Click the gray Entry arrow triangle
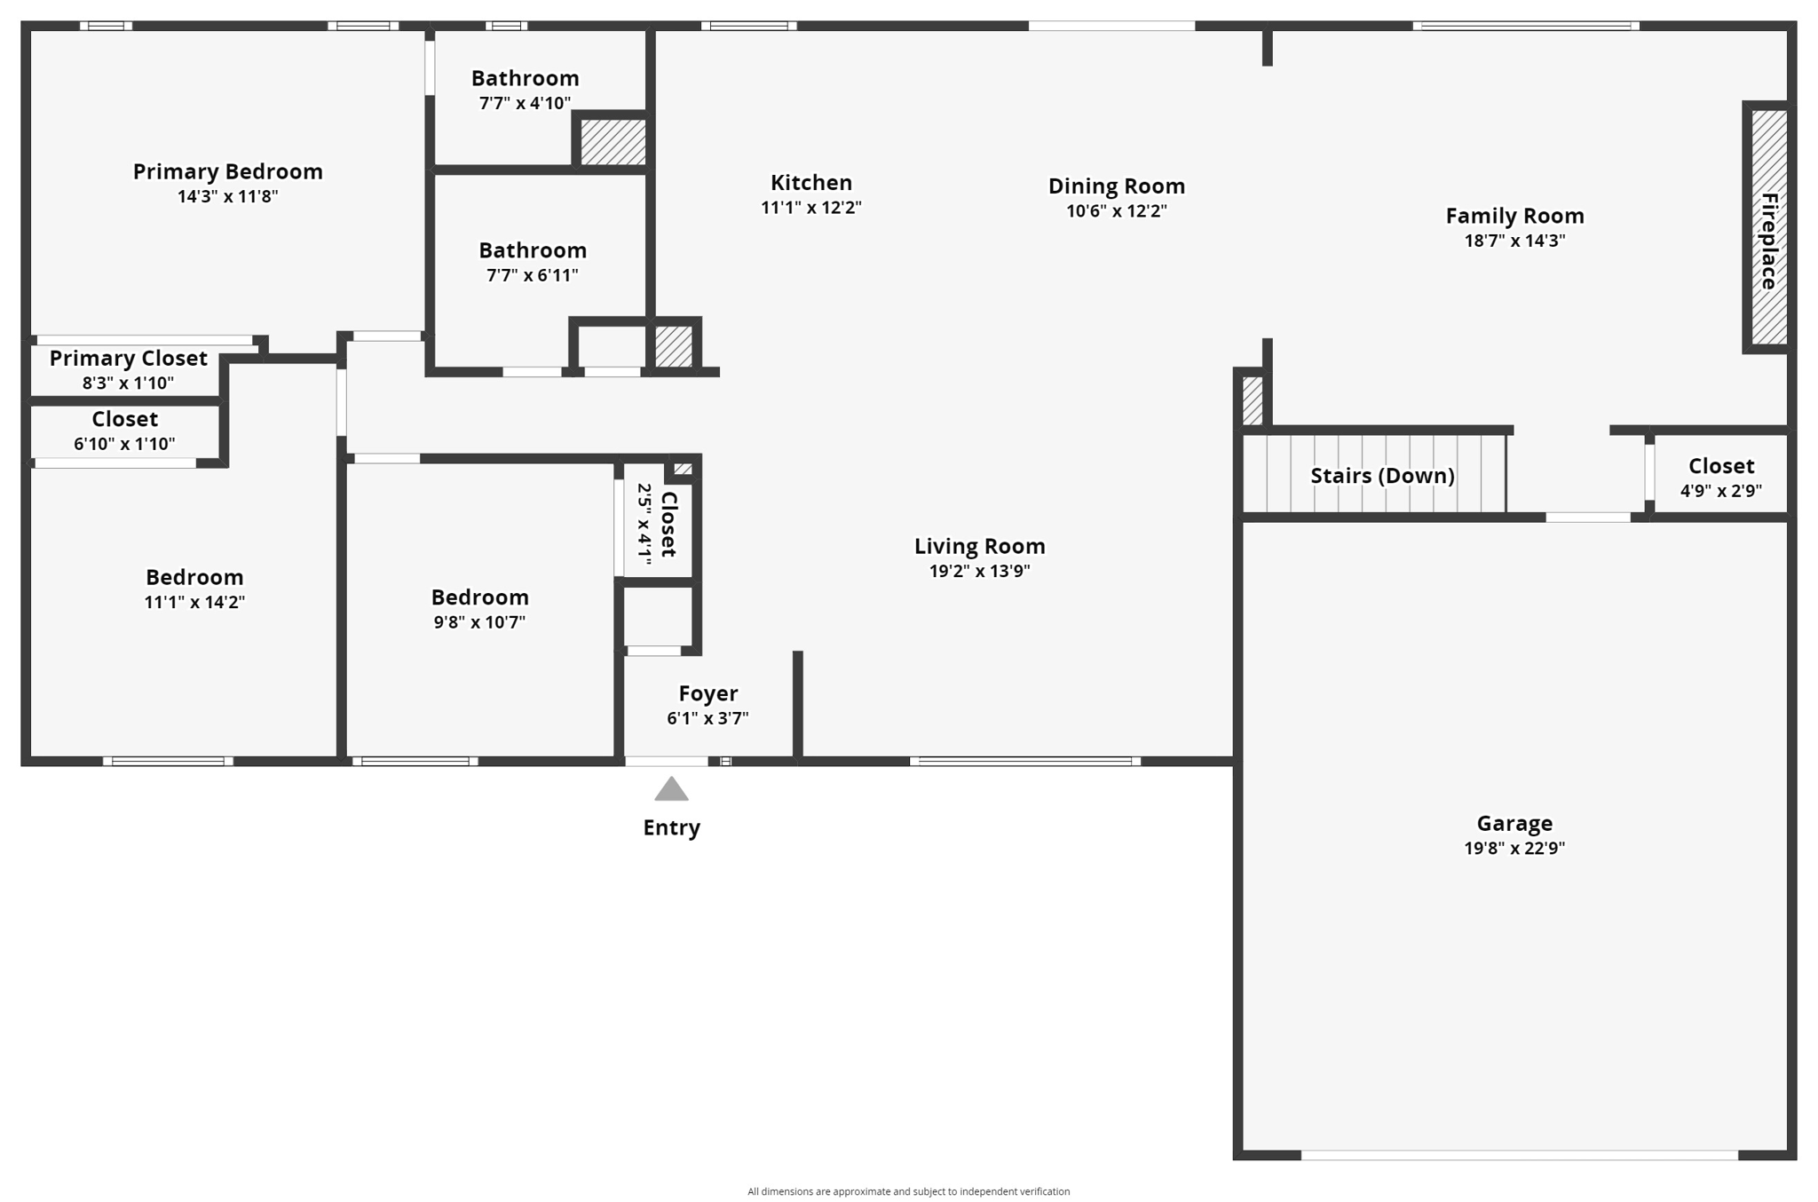[671, 789]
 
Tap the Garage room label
[1514, 823]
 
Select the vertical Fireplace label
[1768, 241]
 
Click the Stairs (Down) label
[1381, 476]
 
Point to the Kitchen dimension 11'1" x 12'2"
[810, 208]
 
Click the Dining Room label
[1116, 186]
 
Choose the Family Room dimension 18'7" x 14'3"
[1514, 241]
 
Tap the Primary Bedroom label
[227, 171]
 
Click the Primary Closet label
[128, 359]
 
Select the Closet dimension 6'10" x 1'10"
[124, 444]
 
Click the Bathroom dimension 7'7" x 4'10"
[525, 103]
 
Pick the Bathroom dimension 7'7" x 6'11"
[532, 275]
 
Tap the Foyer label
[707, 693]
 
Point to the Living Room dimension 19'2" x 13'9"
[979, 571]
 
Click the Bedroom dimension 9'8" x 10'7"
[479, 622]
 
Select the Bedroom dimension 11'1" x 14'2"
[194, 602]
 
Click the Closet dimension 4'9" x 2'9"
[1720, 491]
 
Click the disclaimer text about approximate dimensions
[908, 1191]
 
